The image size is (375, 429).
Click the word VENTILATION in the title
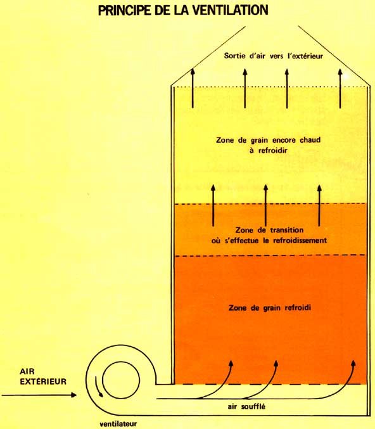pos(231,10)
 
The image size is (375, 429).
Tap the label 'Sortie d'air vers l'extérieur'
pos(273,56)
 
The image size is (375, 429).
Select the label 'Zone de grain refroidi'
pos(270,308)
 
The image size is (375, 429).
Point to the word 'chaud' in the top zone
pos(310,140)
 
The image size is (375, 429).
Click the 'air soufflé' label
pos(246,407)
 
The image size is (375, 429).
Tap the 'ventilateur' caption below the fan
pos(118,424)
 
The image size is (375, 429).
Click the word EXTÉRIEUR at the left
pos(43,381)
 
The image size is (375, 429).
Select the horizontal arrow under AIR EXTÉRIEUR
pos(39,395)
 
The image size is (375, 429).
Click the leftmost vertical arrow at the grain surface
pos(193,87)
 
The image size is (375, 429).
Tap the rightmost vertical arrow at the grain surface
pos(340,88)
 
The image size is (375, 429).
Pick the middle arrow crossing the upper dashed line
pos(265,205)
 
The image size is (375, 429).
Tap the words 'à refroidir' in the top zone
pos(269,150)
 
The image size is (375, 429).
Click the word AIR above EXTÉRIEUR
pos(27,371)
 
